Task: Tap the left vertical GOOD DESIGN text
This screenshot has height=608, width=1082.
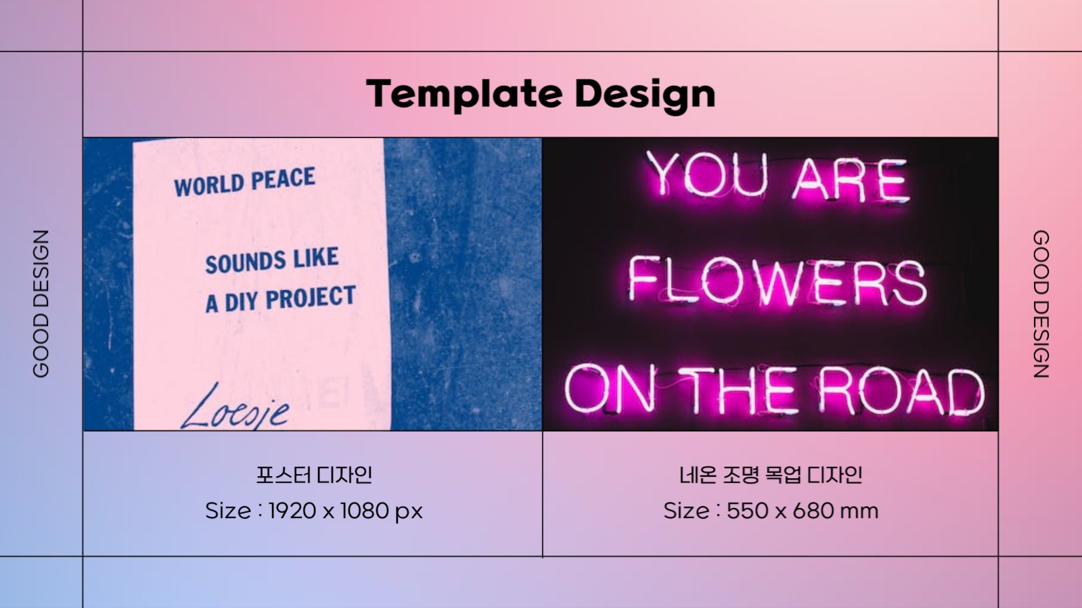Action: [x=41, y=304]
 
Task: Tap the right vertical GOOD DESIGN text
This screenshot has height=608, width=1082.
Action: [x=1041, y=304]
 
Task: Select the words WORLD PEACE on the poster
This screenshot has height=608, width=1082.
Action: [x=244, y=181]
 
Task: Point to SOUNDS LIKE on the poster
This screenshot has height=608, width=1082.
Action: [x=272, y=260]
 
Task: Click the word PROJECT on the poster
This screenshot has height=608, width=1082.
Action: [x=311, y=296]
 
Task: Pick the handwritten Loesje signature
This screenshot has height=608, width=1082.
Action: [x=235, y=407]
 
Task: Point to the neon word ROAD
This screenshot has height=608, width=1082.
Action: [x=901, y=391]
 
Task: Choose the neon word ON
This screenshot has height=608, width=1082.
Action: [x=610, y=390]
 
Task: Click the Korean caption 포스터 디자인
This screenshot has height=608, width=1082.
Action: [x=314, y=475]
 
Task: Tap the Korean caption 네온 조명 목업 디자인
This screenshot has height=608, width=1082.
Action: [x=771, y=475]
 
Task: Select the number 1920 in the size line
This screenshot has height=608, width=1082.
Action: [x=292, y=511]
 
